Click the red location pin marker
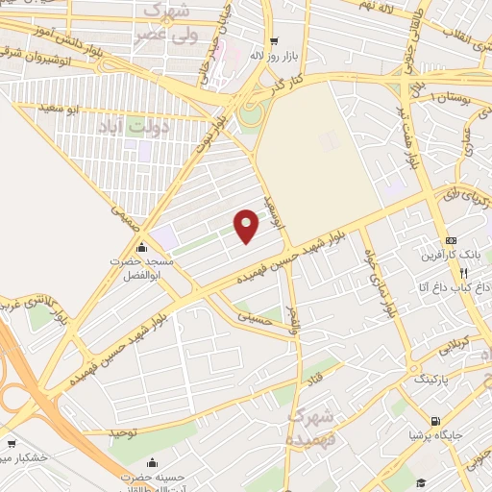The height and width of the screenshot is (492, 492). click(247, 225)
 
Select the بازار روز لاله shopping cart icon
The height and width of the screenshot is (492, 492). click(275, 41)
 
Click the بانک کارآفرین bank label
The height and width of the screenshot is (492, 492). click(450, 257)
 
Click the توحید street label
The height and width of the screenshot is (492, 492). click(123, 433)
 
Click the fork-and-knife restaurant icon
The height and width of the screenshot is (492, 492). click(464, 273)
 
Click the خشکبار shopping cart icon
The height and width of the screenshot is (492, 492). click(12, 445)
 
